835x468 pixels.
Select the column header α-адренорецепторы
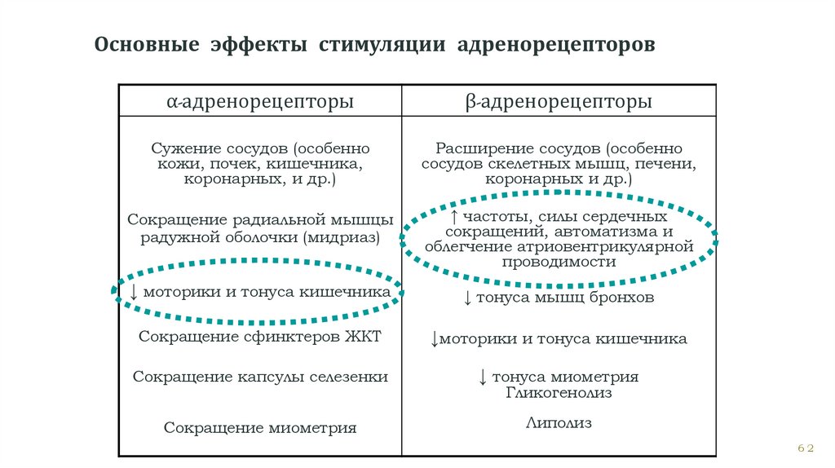pos(260,103)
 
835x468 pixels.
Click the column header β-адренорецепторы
pos(559,103)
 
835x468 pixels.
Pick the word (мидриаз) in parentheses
pos(341,237)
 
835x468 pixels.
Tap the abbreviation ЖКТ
pos(364,336)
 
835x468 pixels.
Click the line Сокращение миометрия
pos(260,427)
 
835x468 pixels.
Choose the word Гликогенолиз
pos(559,393)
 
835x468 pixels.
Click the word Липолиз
pos(559,423)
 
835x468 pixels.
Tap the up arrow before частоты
pos(454,217)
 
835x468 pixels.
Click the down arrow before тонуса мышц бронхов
pos(467,298)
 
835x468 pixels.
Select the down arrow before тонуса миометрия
pos(483,377)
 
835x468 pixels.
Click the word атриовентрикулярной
pos(603,246)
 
